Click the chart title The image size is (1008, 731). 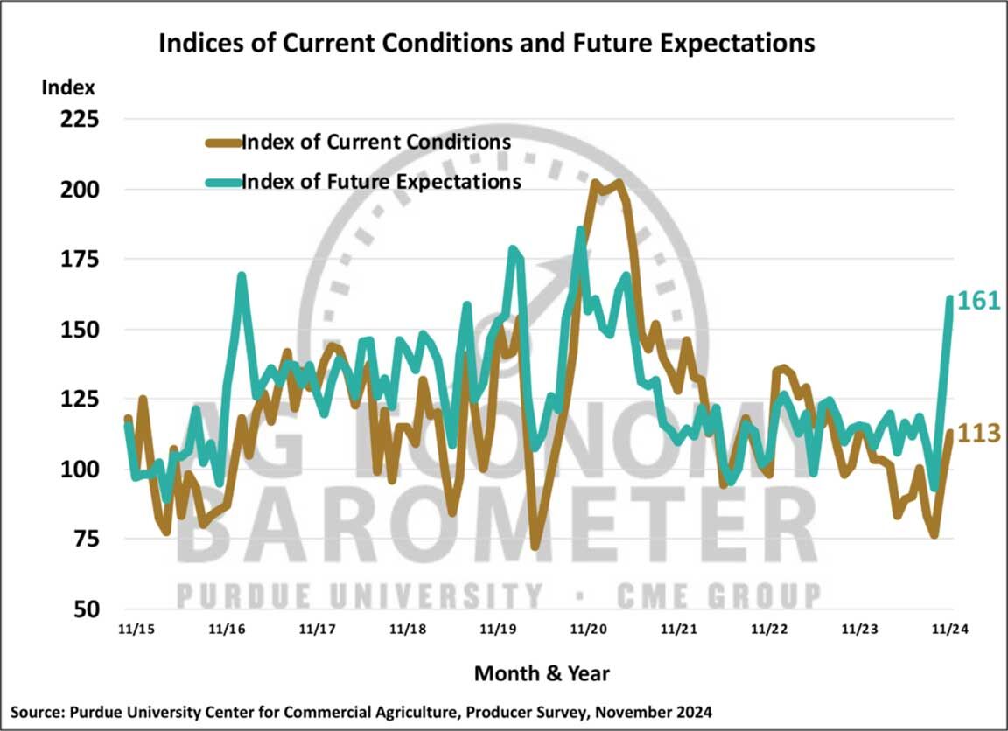click(x=486, y=43)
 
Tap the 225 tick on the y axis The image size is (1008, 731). click(x=77, y=120)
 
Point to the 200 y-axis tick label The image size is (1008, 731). click(x=77, y=190)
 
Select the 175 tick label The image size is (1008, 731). click(x=77, y=260)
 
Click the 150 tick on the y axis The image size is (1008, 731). click(x=77, y=330)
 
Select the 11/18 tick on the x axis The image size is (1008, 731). click(x=407, y=630)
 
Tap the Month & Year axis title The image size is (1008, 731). click(x=542, y=673)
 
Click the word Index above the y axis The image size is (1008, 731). click(x=67, y=87)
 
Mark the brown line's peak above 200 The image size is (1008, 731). click(x=595, y=183)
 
